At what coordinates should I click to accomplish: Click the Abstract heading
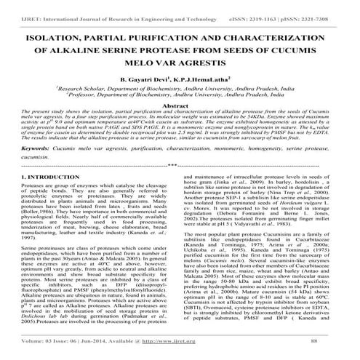point(179,106)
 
